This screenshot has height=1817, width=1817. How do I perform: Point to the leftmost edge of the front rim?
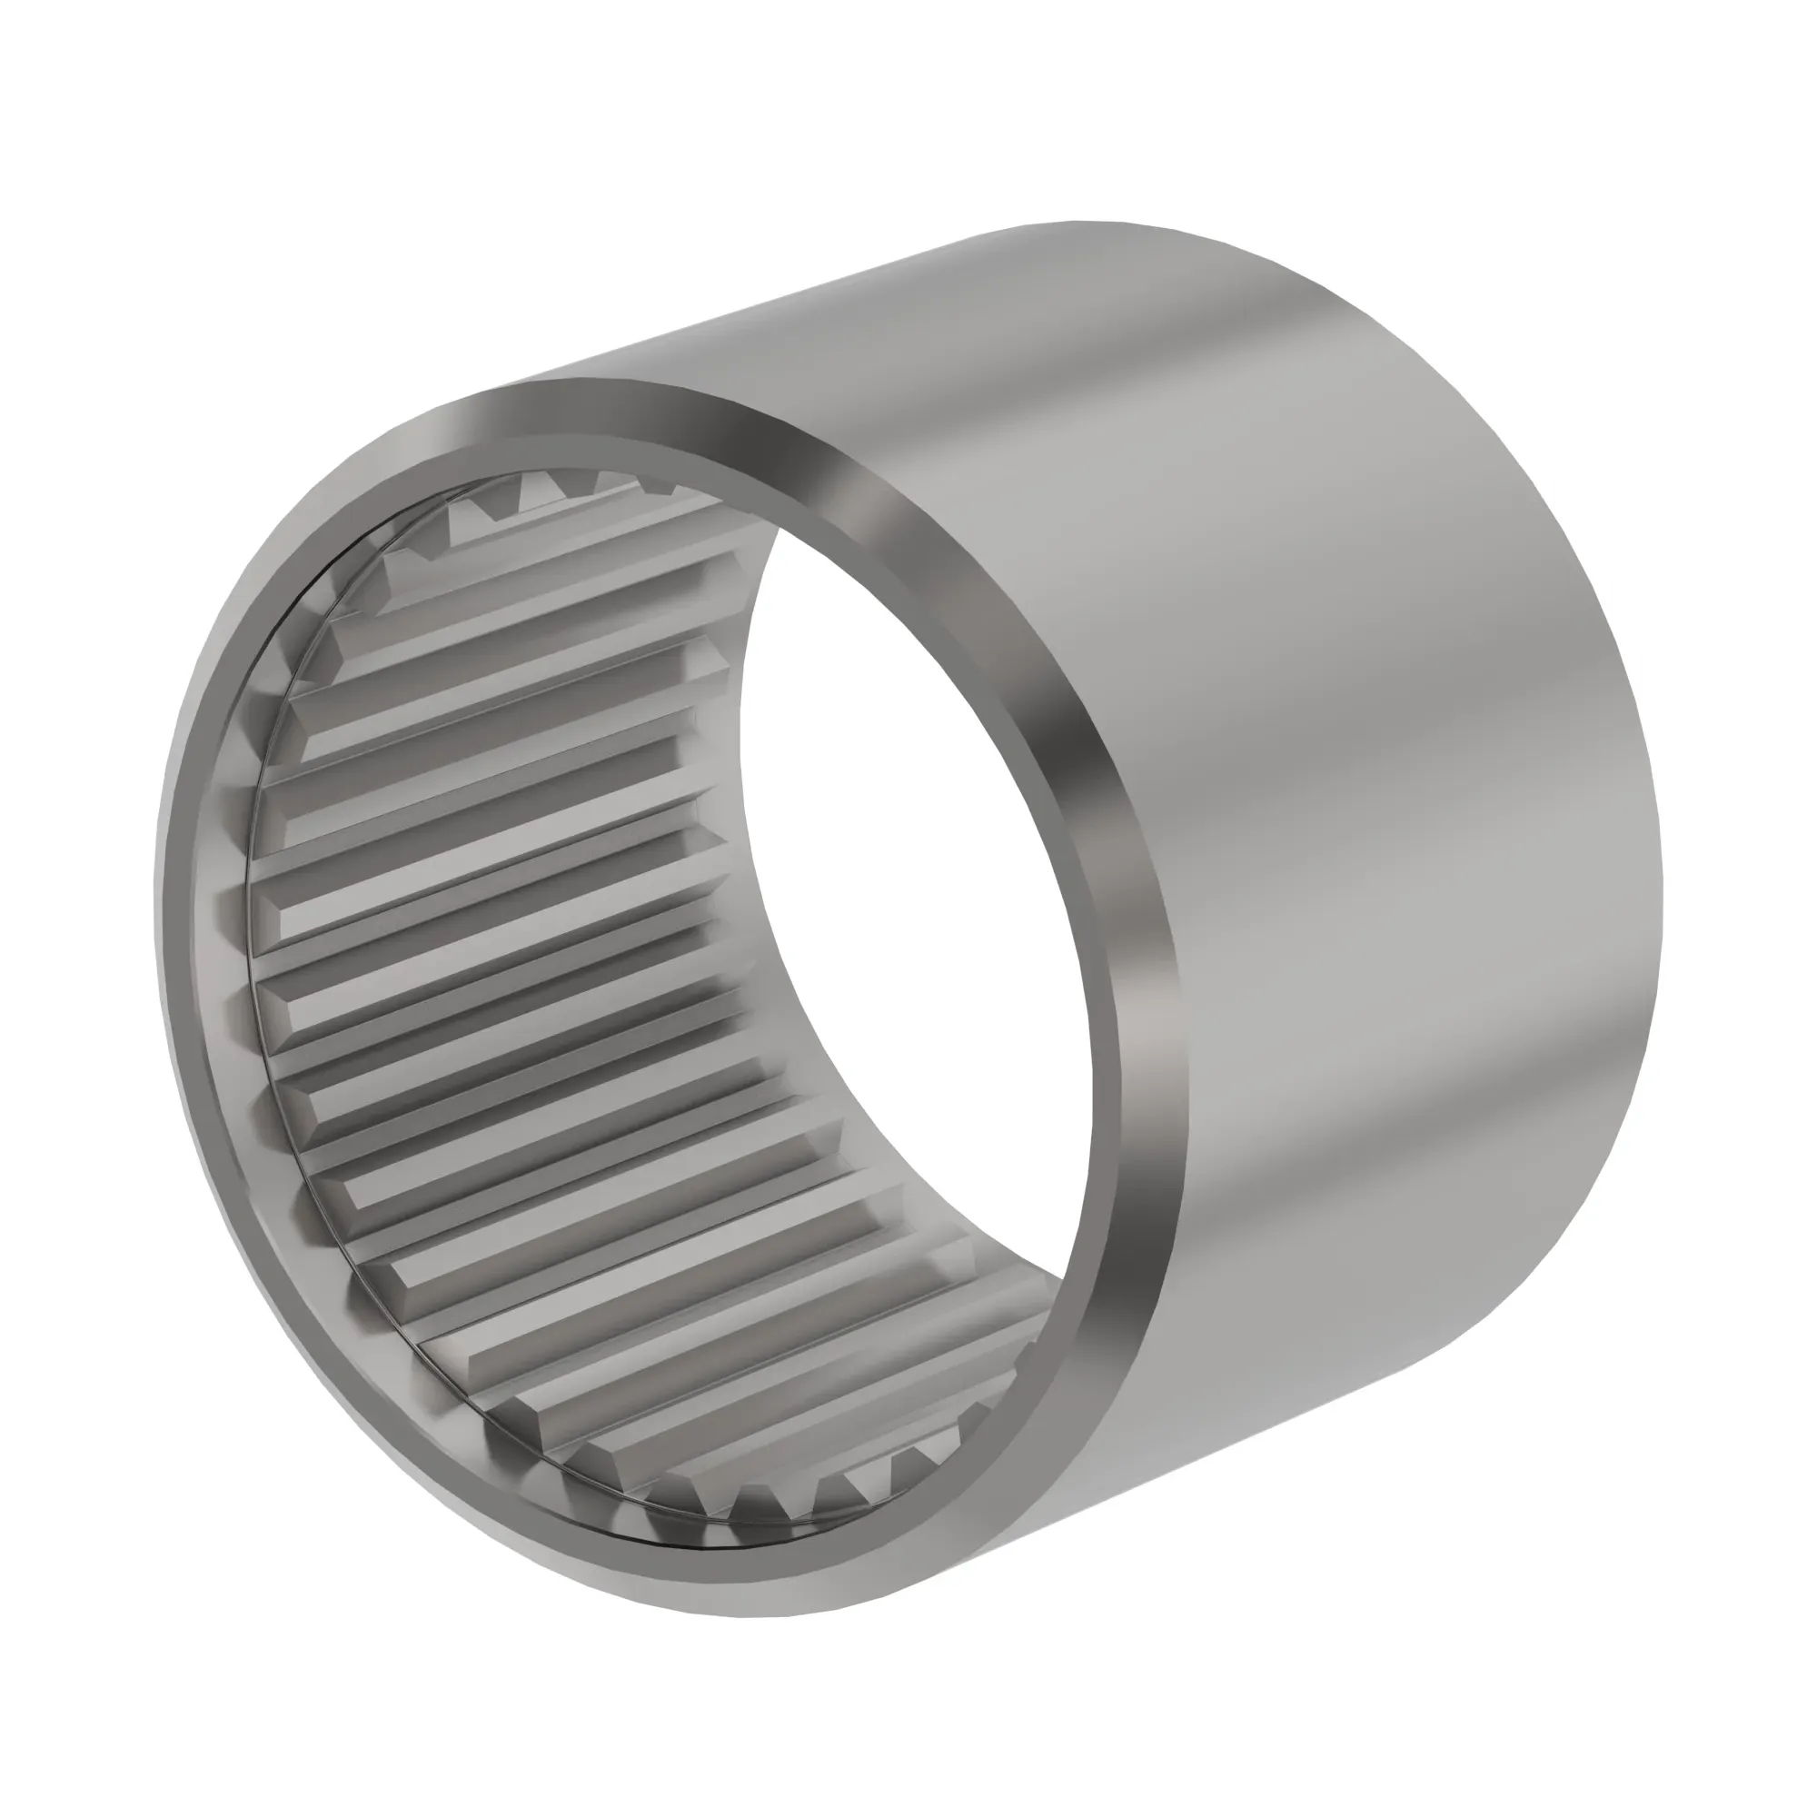pyautogui.click(x=157, y=903)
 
